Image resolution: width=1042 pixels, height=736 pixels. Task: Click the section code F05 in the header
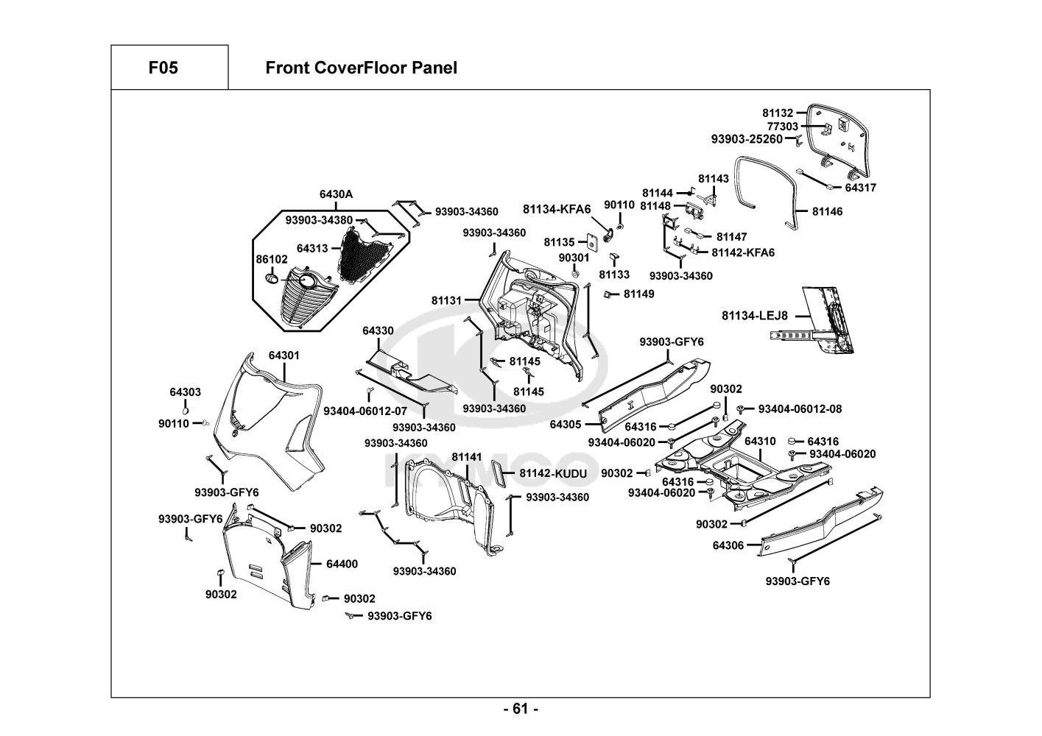coord(163,68)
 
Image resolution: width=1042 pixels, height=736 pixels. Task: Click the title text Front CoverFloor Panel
coord(361,68)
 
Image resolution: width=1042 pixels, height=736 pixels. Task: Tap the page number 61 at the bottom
coord(520,709)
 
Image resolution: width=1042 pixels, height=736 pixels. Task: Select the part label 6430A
coord(336,194)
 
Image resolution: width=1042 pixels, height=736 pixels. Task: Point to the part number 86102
coord(272,260)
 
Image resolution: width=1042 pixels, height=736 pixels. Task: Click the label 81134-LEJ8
coord(755,316)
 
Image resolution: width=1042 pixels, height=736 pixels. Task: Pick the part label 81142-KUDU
coord(553,473)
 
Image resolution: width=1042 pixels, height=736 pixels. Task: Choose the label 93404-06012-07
coord(365,410)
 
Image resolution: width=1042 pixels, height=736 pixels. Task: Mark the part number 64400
coord(342,564)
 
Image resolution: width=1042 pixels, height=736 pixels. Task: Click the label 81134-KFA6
coord(557,209)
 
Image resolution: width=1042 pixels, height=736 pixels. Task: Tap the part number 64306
coord(728,545)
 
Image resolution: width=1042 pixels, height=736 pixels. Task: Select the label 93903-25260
coord(746,139)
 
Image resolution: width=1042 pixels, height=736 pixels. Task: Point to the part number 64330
coord(378,331)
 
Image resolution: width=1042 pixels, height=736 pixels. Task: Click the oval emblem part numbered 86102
coord(272,280)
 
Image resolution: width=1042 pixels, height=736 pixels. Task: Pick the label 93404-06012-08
coord(800,408)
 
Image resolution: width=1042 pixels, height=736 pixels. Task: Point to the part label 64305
coord(566,424)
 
